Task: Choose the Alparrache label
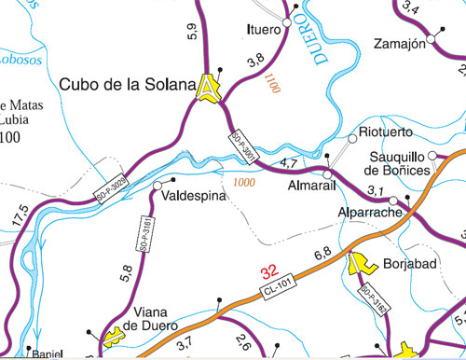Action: click(369, 214)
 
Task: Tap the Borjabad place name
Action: click(410, 265)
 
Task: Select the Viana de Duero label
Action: click(151, 318)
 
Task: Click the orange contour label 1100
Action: click(272, 86)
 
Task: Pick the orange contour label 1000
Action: click(245, 182)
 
